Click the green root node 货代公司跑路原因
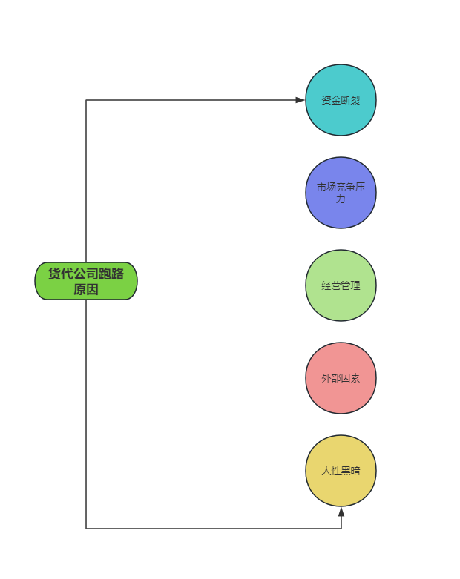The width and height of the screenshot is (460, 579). point(86,281)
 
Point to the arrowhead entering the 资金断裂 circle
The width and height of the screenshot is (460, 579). point(300,100)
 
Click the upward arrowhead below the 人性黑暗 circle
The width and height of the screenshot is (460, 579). point(341,512)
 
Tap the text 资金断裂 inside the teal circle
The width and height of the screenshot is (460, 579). point(341,100)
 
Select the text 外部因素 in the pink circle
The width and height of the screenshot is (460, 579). point(341,378)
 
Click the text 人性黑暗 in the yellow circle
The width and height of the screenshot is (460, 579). point(341,471)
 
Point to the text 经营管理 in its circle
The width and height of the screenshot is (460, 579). point(341,285)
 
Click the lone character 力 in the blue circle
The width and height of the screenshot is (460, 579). point(341,199)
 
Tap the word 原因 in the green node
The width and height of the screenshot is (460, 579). point(86,289)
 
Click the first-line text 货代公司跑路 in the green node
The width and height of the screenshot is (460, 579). point(86,274)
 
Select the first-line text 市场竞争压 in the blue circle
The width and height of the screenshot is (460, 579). point(341,188)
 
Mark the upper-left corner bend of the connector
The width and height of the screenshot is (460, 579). point(86,100)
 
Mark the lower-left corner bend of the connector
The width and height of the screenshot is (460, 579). point(86,529)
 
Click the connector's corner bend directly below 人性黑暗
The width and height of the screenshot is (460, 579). point(341,529)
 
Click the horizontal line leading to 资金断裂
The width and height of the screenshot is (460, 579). point(193,100)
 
